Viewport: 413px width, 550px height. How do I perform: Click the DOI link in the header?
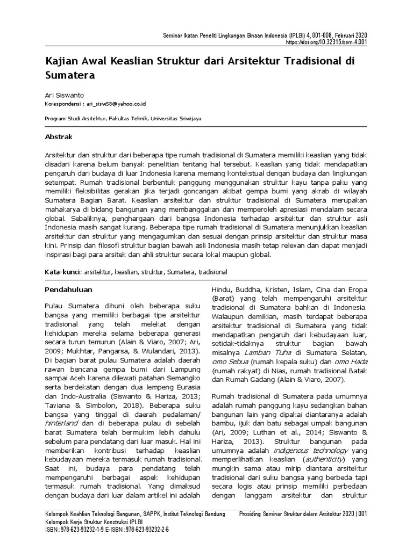[326, 42]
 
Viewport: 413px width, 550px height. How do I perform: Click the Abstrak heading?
[58, 137]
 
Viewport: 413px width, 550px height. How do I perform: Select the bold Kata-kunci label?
[63, 272]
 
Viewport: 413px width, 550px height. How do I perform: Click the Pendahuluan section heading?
[68, 290]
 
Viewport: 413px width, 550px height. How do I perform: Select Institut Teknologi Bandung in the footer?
[197, 514]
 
